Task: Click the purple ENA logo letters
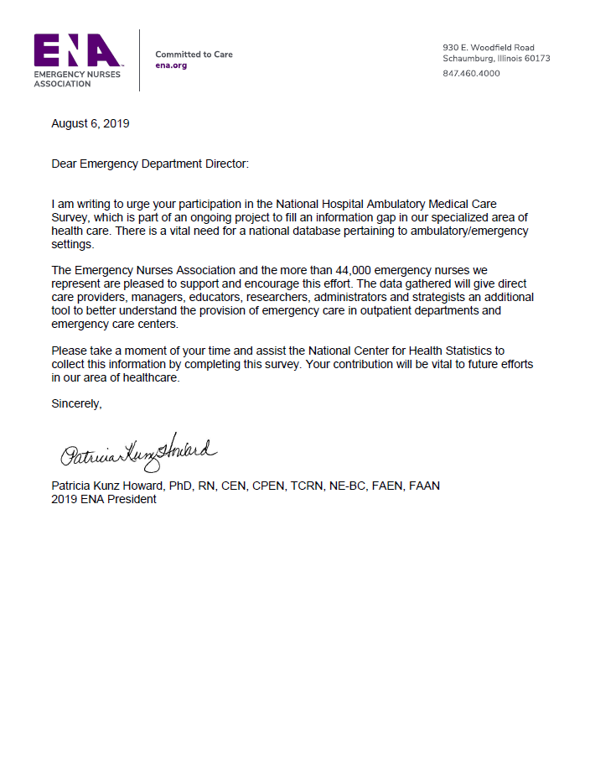pos(77,51)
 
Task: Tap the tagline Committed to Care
pos(194,55)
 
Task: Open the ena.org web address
pos(171,65)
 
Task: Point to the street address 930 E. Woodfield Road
pos(488,48)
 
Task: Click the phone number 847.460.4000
pos(471,73)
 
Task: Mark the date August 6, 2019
pos(91,123)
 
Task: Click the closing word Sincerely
pos(76,403)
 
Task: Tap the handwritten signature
pos(137,454)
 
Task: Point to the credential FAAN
pos(424,486)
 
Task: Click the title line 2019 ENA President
pos(104,499)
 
